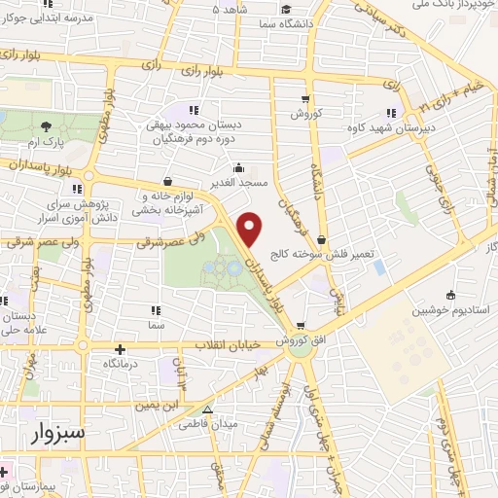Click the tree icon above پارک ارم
(47, 125)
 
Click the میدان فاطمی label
(207, 424)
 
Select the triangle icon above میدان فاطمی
(207, 409)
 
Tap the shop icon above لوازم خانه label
(167, 180)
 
